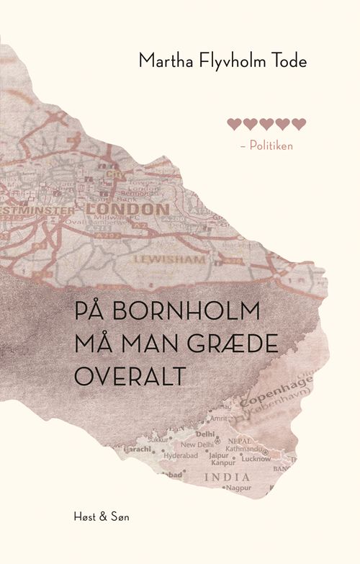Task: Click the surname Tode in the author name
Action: pos(288,62)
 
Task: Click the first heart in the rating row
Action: pos(233,124)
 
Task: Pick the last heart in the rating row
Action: pos(300,124)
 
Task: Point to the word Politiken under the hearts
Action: pos(271,145)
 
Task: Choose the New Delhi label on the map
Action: pos(197,445)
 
